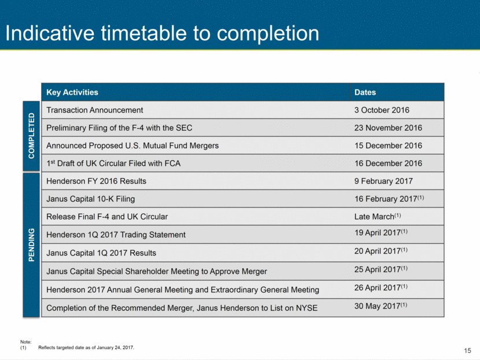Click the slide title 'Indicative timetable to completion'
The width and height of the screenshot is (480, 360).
pyautogui.click(x=163, y=34)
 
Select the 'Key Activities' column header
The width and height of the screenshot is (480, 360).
pyautogui.click(x=72, y=92)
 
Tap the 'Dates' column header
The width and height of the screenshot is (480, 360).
pyautogui.click(x=365, y=92)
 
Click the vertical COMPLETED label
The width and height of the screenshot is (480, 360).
pyautogui.click(x=31, y=136)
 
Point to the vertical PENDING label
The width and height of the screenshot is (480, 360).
pyautogui.click(x=31, y=245)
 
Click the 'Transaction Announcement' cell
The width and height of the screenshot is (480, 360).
pyautogui.click(x=95, y=110)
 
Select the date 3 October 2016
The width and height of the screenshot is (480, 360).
pyautogui.click(x=382, y=110)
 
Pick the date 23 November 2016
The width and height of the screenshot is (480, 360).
pyautogui.click(x=388, y=128)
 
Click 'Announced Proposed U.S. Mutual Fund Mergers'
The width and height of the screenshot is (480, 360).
pyautogui.click(x=132, y=146)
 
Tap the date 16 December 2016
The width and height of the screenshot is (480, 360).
pyautogui.click(x=388, y=164)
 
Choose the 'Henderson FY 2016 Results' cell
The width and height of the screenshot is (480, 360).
pyautogui.click(x=96, y=181)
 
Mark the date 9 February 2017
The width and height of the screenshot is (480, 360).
pyautogui.click(x=383, y=181)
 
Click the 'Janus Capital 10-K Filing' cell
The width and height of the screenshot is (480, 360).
pyautogui.click(x=91, y=199)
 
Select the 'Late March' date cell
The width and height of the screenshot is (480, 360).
pyautogui.click(x=378, y=216)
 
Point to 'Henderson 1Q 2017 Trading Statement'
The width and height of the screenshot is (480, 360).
pyautogui.click(x=116, y=235)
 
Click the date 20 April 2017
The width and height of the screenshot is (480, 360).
pyautogui.click(x=381, y=251)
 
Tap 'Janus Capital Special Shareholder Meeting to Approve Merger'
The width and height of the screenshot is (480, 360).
pyautogui.click(x=156, y=271)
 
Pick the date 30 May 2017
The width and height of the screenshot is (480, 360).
pyautogui.click(x=381, y=306)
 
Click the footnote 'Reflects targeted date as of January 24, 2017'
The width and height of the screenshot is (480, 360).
pyautogui.click(x=86, y=347)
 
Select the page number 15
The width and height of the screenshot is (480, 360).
pyautogui.click(x=467, y=351)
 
